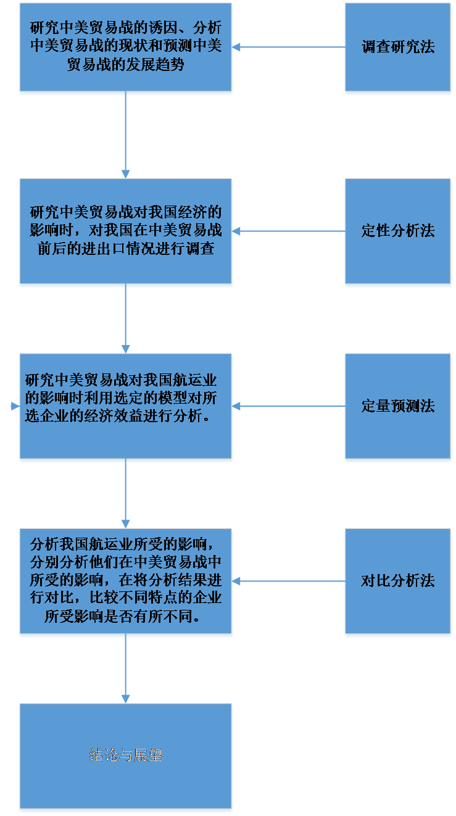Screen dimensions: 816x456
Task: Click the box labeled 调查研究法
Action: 398,48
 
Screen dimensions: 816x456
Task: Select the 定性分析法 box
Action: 398,231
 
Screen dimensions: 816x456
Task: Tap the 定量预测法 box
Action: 398,406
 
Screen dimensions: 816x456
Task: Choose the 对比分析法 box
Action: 398,581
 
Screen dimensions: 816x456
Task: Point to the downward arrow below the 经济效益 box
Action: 126,494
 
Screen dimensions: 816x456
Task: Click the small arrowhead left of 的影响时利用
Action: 14,406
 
